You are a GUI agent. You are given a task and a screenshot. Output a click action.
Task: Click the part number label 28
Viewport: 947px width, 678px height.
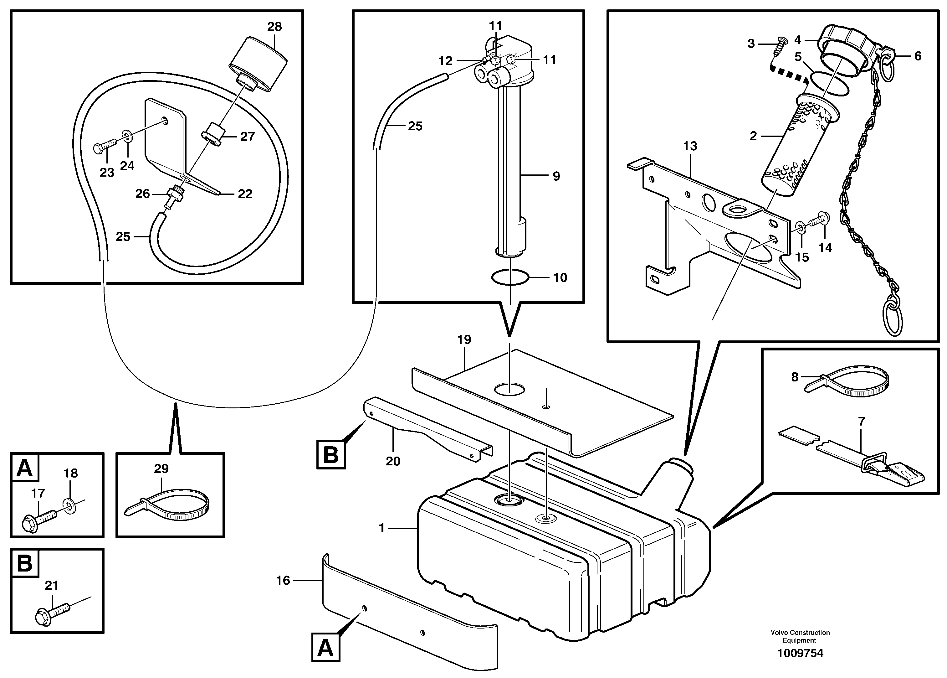coord(274,27)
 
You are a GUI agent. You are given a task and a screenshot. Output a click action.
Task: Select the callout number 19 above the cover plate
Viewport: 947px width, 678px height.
coord(464,339)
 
